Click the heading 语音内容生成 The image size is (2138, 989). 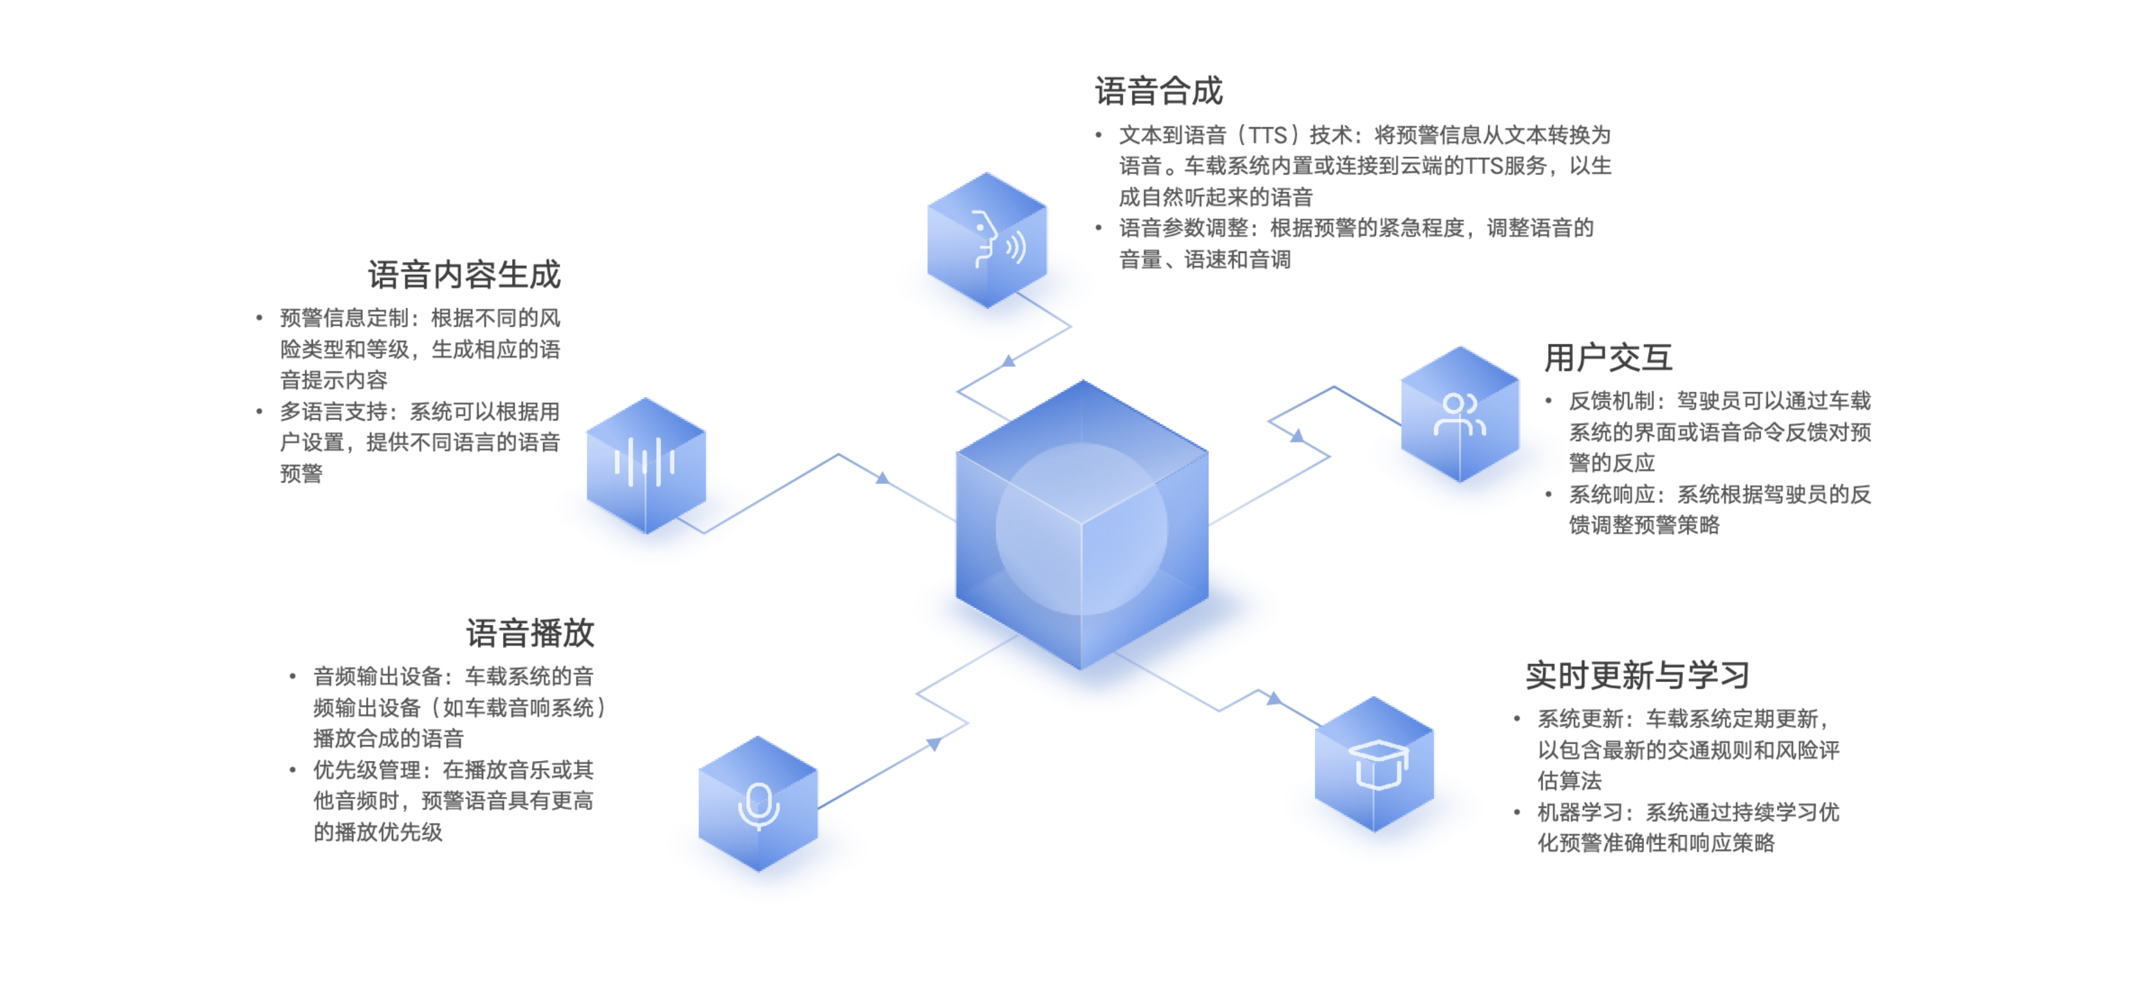[464, 275]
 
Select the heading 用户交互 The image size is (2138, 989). [1607, 358]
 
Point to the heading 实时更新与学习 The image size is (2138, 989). [1637, 676]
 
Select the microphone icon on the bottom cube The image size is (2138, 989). [759, 805]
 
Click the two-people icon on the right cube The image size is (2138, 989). [1459, 415]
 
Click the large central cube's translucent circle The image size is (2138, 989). [1081, 529]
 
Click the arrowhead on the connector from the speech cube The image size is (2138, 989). [1009, 361]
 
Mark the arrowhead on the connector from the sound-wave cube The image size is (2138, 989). [882, 478]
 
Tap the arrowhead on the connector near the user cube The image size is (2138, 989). [1296, 435]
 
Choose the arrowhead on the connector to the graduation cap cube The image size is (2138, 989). [1274, 699]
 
